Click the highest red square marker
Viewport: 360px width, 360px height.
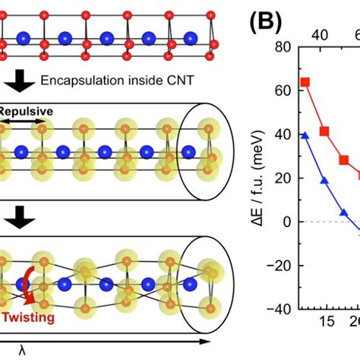[x=305, y=82]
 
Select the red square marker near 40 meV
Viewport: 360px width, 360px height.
[x=324, y=131]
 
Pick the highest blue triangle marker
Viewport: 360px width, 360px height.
[x=305, y=135]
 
